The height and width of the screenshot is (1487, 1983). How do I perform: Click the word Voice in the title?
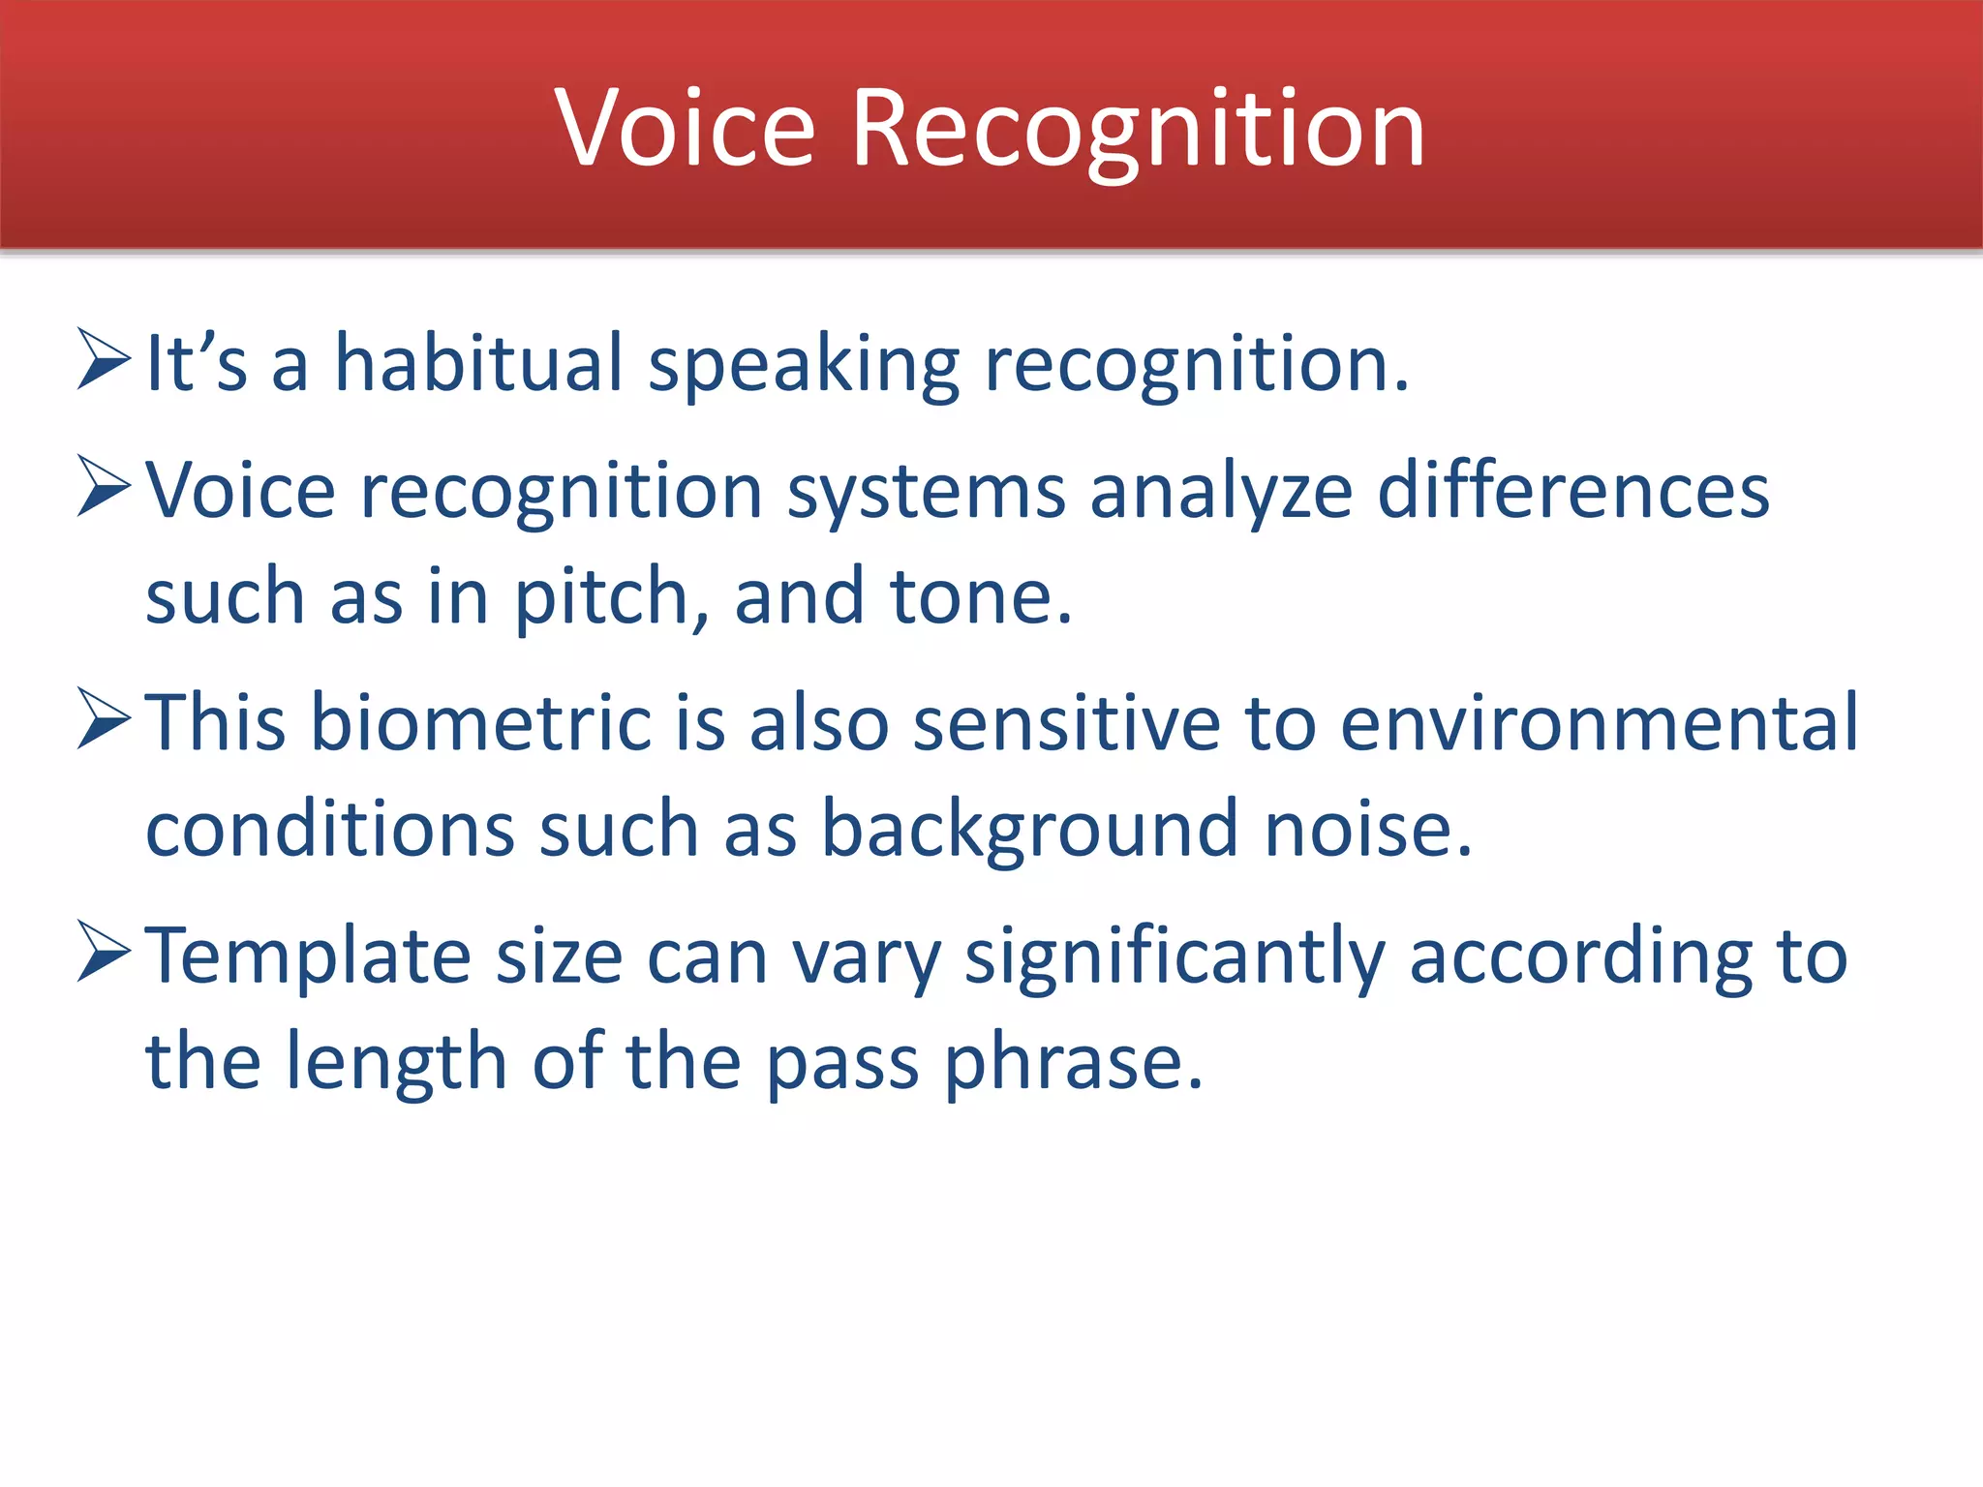[686, 129]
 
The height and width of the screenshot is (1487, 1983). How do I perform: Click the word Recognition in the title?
[1138, 129]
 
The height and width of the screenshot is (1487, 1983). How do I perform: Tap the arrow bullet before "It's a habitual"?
[104, 360]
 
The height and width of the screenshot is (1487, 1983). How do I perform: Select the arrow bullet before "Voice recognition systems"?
[104, 487]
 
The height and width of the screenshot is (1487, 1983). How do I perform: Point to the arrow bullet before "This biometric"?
[104, 719]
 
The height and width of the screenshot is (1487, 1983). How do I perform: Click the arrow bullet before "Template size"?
[104, 952]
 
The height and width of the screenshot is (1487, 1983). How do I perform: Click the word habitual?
[478, 363]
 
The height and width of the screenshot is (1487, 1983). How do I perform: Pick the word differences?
[1573, 490]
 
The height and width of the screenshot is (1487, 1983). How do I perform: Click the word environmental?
[1599, 722]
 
